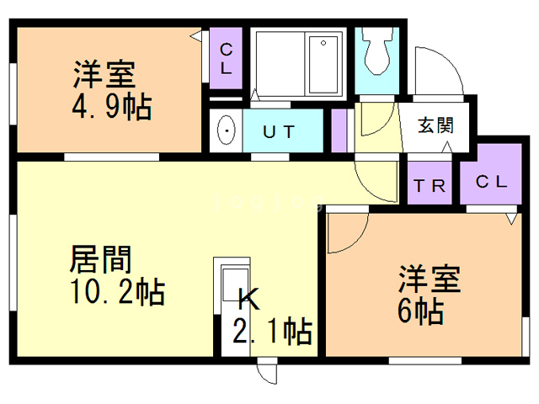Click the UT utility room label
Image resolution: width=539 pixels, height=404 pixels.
[279, 131]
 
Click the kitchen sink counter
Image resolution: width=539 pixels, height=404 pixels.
[231, 286]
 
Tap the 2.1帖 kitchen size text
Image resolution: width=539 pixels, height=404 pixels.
[274, 330]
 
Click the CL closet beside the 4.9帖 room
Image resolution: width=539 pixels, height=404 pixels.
[226, 56]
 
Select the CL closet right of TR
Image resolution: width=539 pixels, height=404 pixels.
[491, 182]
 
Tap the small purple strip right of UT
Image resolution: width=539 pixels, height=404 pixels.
[339, 130]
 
